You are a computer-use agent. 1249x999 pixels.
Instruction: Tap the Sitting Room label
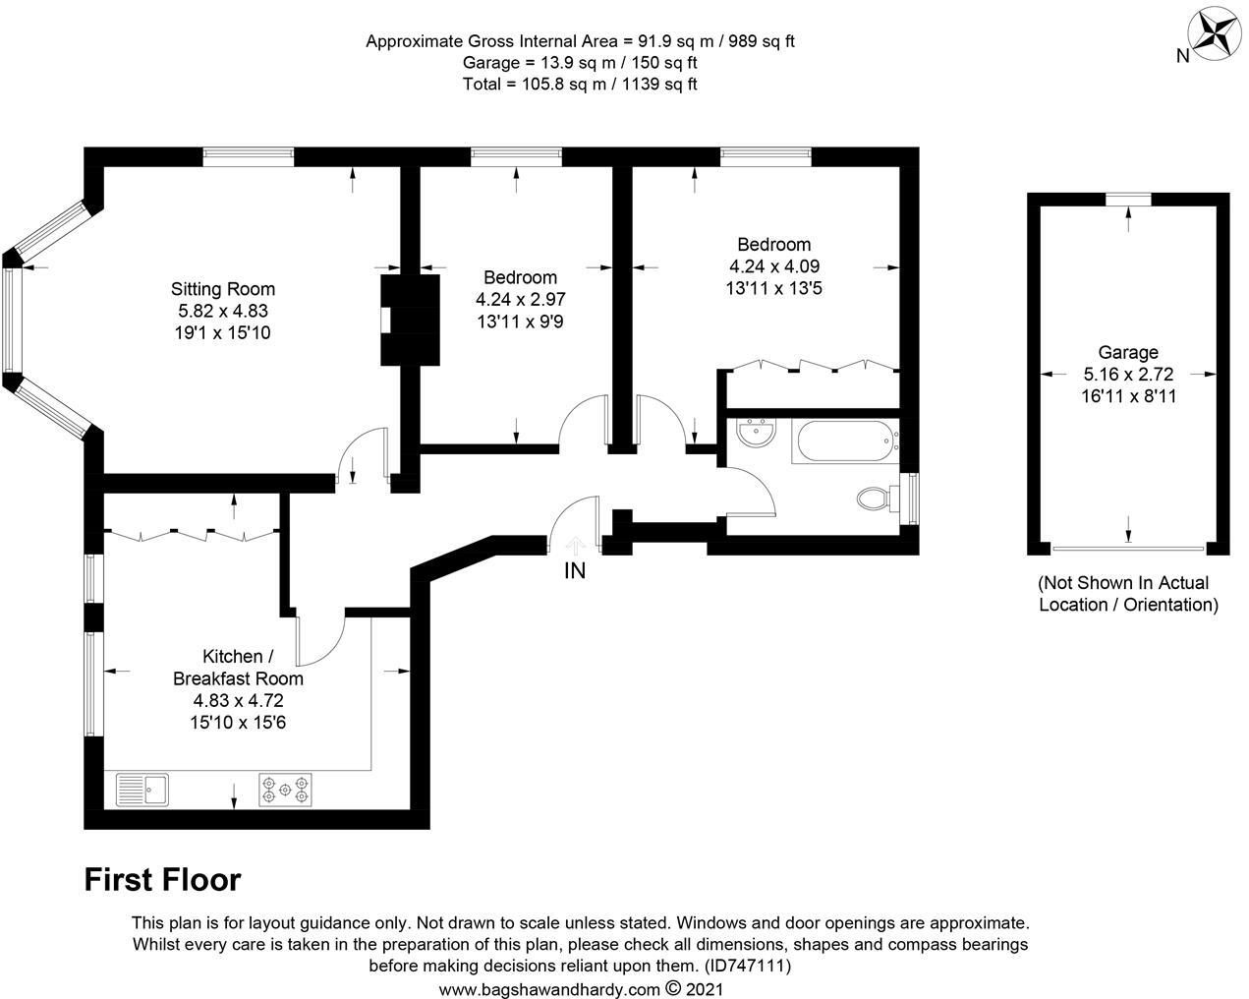pos(223,289)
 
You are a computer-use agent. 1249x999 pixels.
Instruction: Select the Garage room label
pos(1128,352)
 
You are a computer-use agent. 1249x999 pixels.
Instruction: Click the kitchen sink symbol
pos(142,790)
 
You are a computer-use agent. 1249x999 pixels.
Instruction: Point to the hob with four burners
pos(285,791)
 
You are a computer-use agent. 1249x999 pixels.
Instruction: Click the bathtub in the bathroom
pos(844,441)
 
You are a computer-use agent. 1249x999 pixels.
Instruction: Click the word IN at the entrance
pos(575,570)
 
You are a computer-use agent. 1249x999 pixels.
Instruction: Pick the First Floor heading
pos(162,879)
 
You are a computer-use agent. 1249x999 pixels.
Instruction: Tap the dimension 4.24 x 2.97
pos(520,299)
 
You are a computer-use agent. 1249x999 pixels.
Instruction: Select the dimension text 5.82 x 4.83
pos(223,311)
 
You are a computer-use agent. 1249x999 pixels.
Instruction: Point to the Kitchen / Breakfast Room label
pos(238,668)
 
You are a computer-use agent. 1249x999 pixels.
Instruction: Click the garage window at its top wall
pos(1127,200)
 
